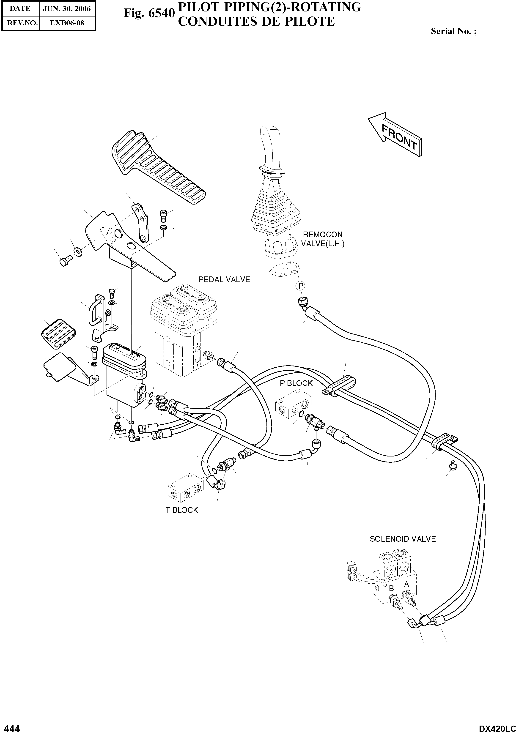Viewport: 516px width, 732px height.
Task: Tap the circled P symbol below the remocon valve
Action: click(x=300, y=286)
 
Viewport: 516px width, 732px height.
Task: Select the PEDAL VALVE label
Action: click(x=224, y=280)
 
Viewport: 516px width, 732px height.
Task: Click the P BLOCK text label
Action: click(x=296, y=383)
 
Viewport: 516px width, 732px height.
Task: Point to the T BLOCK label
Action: click(x=181, y=510)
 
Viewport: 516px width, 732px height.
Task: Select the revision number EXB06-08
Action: click(x=67, y=23)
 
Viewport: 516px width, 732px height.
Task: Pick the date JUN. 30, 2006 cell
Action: click(x=67, y=9)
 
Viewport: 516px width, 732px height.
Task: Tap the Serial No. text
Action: click(x=453, y=31)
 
